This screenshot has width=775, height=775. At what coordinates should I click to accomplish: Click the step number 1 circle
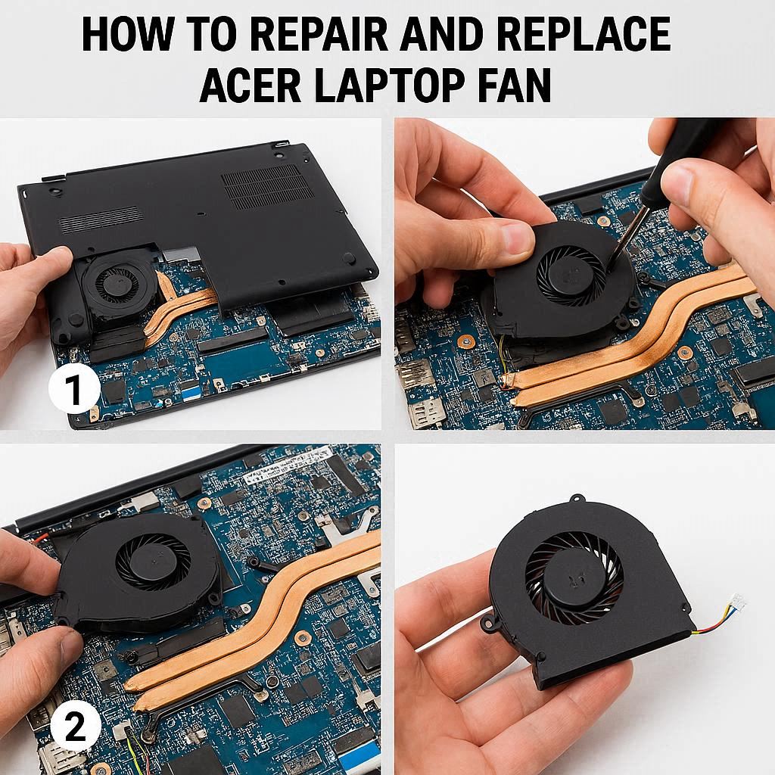pyautogui.click(x=74, y=390)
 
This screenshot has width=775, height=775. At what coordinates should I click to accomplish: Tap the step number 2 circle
pyautogui.click(x=76, y=727)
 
